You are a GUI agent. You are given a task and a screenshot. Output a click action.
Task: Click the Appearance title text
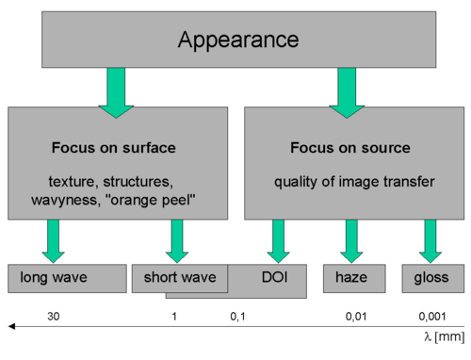(238, 41)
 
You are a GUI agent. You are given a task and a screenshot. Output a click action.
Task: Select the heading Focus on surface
(114, 148)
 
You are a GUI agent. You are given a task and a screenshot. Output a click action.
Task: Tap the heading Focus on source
(350, 148)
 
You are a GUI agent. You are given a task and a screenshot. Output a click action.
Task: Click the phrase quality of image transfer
(354, 182)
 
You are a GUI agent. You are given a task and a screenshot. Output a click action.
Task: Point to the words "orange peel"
(152, 200)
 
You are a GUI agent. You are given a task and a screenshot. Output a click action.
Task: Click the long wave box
(67, 279)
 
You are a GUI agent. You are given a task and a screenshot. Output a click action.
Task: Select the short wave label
(180, 277)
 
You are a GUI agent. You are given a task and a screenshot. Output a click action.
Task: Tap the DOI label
(275, 277)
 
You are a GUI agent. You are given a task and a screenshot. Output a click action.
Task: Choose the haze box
(354, 279)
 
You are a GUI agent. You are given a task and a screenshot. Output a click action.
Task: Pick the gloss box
(433, 279)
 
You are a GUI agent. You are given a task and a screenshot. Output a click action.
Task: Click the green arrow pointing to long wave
(53, 241)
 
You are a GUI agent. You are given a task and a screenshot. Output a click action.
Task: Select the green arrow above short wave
(177, 241)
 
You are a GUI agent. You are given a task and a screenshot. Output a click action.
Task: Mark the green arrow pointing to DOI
(278, 241)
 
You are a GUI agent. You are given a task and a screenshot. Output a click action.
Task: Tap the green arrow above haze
(351, 241)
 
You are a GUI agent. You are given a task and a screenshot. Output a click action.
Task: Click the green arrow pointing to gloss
(430, 241)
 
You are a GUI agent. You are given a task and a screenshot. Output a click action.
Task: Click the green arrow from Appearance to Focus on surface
(116, 93)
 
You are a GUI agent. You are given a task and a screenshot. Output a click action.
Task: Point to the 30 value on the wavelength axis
(54, 317)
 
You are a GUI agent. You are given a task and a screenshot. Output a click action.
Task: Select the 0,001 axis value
(432, 317)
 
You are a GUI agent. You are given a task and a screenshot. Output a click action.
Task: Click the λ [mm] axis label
(444, 336)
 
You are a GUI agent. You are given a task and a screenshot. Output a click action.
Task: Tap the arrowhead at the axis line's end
(8, 326)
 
